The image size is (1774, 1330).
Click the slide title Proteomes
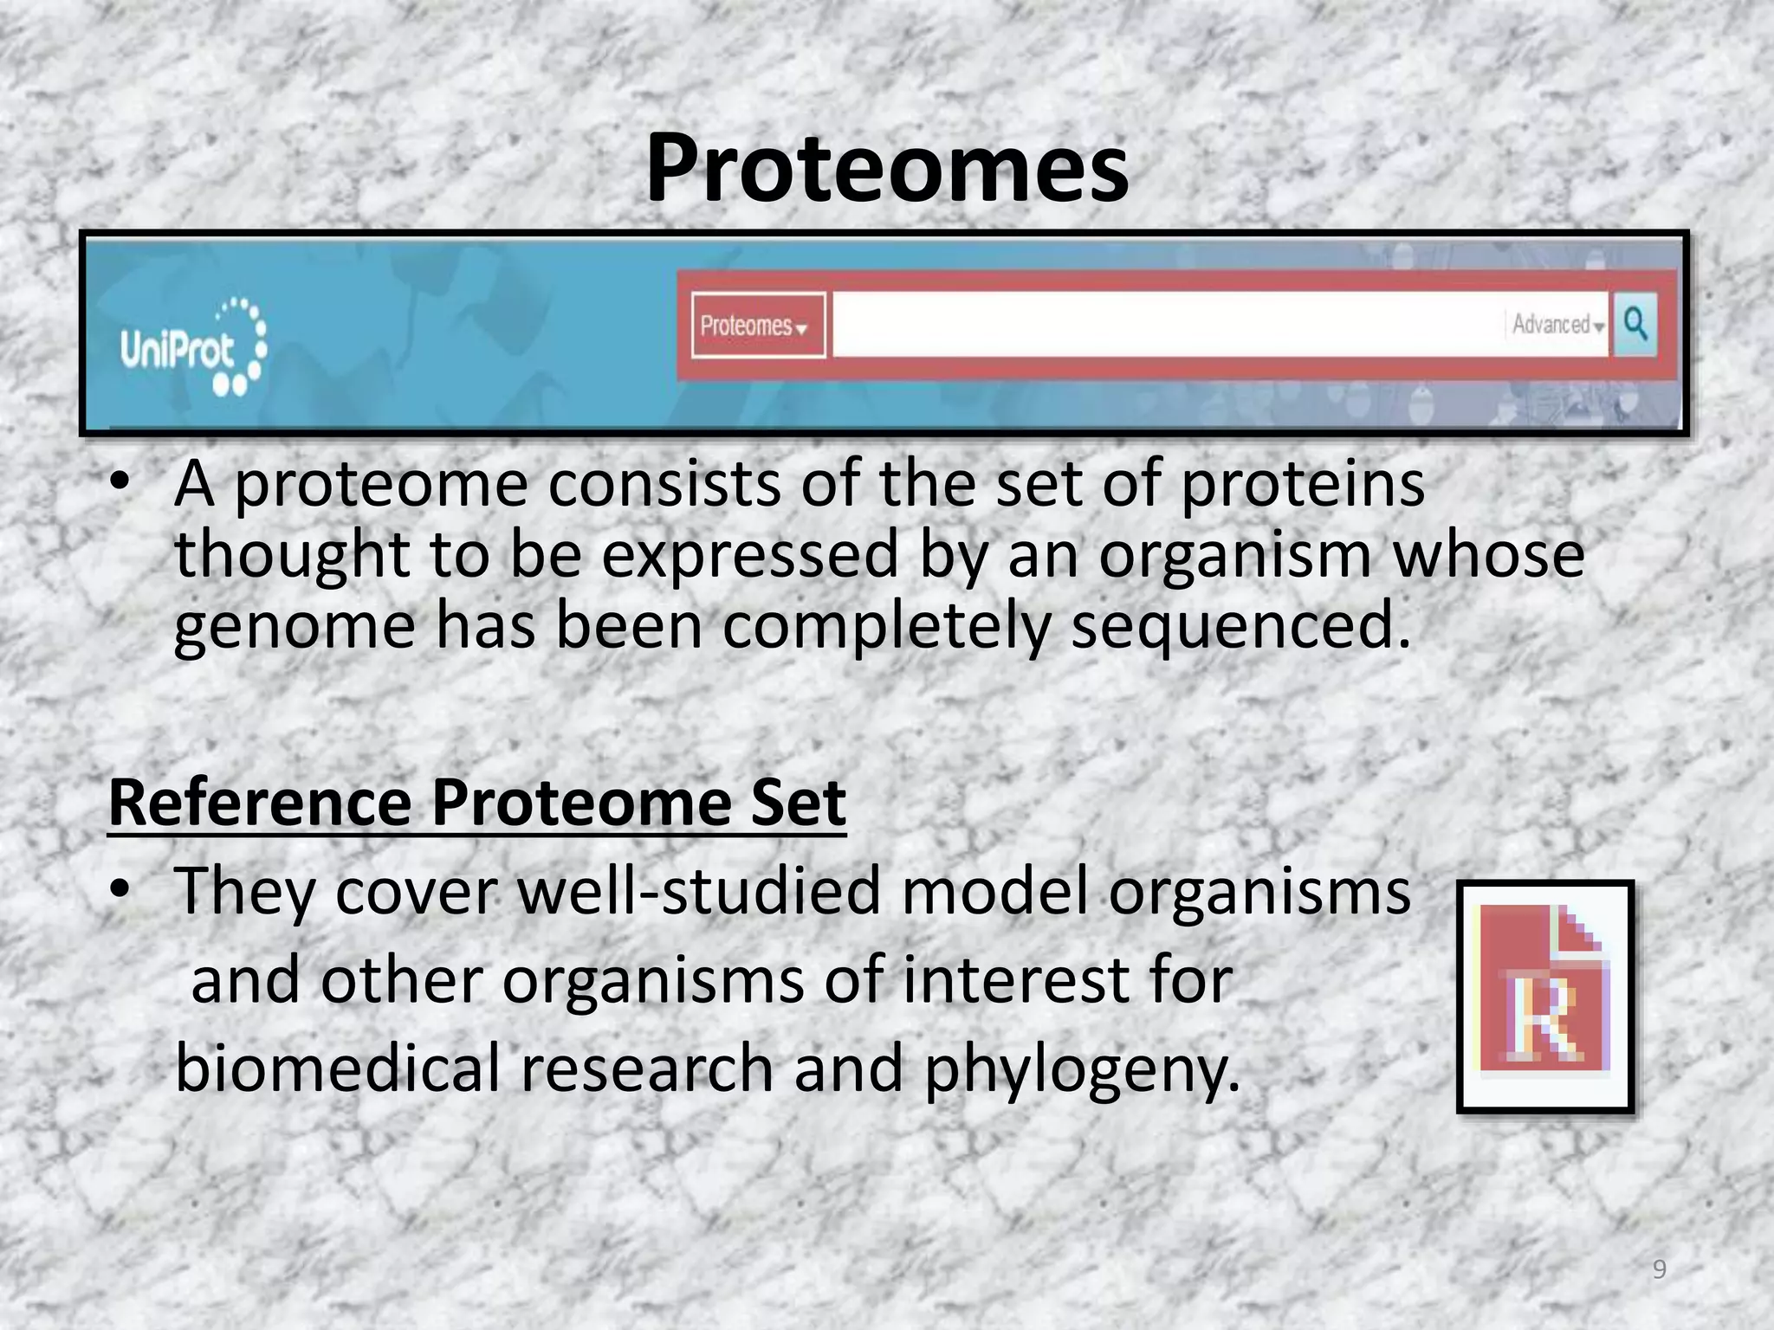click(887, 169)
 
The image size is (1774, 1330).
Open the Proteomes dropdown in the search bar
click(756, 326)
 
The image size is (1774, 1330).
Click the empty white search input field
click(1161, 325)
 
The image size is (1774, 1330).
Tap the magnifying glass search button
click(1635, 324)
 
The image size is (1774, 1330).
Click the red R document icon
click(1544, 996)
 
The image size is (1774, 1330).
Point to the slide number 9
click(1659, 1269)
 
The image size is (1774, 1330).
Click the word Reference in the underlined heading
click(258, 804)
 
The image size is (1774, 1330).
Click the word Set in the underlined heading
click(798, 804)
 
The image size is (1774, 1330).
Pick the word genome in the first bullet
click(295, 627)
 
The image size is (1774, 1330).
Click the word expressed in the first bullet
click(750, 556)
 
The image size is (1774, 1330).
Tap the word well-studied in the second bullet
click(699, 892)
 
